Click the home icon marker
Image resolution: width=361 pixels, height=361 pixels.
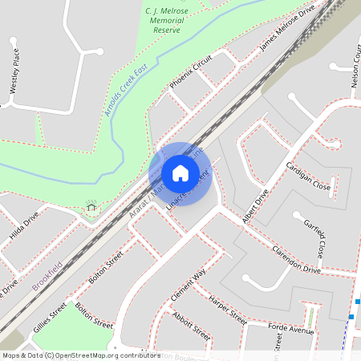click(x=180, y=173)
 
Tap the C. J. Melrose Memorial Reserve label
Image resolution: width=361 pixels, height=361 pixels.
click(x=166, y=19)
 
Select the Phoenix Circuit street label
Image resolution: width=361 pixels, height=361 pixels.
click(x=190, y=72)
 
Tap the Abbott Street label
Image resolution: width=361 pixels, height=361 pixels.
click(x=191, y=326)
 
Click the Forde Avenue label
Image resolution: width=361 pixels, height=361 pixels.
click(x=291, y=330)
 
